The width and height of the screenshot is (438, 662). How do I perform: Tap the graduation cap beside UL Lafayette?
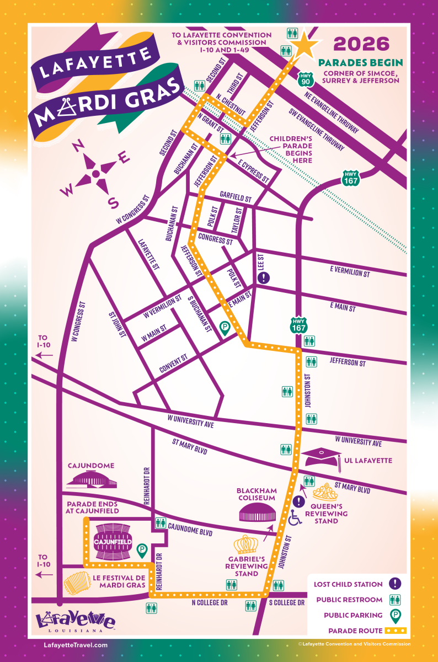[321, 457]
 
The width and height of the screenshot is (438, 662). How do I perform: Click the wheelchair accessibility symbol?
[296, 517]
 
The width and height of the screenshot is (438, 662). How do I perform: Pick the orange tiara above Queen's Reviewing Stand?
[325, 492]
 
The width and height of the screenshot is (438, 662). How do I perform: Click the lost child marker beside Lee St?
[265, 277]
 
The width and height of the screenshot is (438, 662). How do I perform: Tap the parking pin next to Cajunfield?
[142, 551]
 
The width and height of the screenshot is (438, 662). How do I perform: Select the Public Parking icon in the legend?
[396, 615]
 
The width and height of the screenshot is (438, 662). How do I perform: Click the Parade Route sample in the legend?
[396, 630]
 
